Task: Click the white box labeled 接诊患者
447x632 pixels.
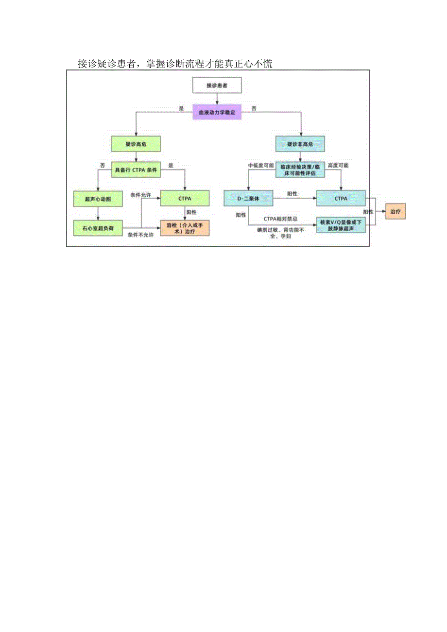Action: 217,85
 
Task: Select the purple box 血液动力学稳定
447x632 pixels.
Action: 217,112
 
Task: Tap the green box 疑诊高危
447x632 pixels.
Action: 136,144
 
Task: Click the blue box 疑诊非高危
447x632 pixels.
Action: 300,144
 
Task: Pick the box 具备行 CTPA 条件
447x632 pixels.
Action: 136,170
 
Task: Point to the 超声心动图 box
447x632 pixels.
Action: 98,199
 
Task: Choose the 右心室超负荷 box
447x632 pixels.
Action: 98,228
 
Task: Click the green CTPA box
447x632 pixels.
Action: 185,199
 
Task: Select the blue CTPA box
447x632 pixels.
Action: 341,199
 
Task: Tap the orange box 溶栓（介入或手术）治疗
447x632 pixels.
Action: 185,228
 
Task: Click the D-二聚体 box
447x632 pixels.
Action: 248,199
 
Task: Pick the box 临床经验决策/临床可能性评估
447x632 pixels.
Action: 300,170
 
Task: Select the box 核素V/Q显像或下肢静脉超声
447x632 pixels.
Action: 341,224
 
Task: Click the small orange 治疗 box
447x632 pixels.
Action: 395,212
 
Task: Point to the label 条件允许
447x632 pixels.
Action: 140,195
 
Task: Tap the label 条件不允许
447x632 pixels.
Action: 140,235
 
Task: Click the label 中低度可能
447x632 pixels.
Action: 261,166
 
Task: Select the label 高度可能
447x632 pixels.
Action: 338,166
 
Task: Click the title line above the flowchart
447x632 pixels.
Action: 175,64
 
